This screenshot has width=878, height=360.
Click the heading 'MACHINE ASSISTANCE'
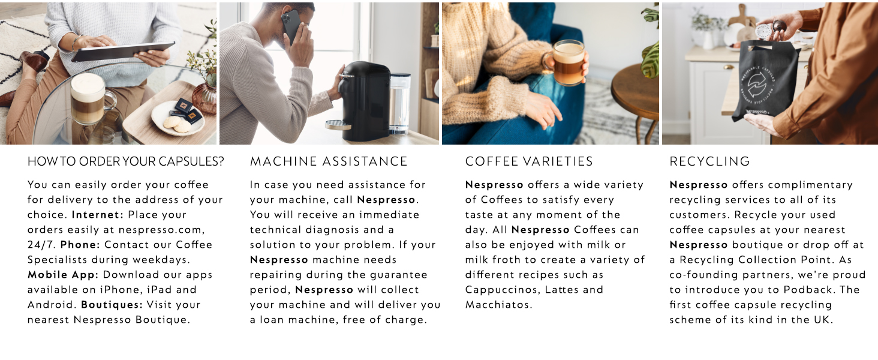329,161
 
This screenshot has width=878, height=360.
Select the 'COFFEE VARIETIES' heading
529,161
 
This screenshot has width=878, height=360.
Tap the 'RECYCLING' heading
709,161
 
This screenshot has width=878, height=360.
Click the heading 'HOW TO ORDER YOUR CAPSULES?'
126,161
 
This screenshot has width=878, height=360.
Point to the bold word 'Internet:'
98,215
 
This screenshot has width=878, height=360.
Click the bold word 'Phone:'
80,245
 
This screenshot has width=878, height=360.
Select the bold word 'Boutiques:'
112,305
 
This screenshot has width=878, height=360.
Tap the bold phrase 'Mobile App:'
63,275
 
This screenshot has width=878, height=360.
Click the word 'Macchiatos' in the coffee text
497,305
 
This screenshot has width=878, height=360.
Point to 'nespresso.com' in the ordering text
160,230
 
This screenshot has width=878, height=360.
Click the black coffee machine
363,101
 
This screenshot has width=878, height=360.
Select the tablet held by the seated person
123,52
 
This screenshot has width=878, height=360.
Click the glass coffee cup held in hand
566,63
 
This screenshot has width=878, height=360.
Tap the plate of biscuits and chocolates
178,118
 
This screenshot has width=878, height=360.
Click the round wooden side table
636,95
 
